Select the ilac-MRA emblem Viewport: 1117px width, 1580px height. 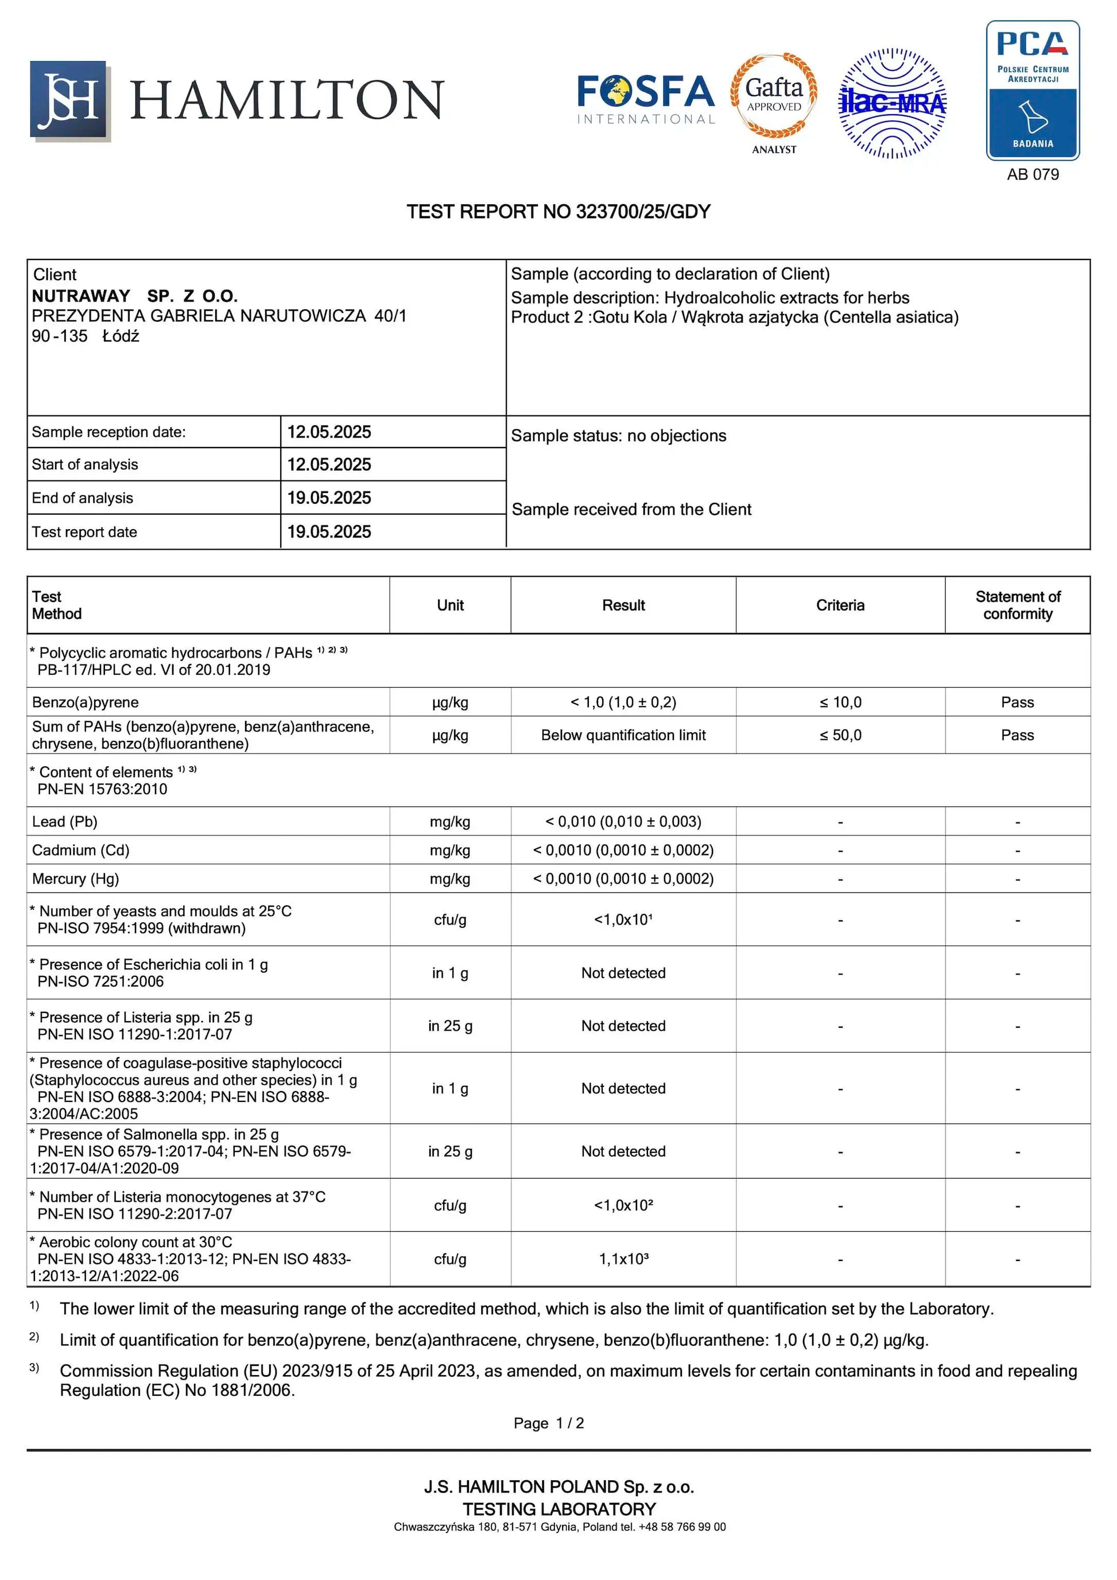pyautogui.click(x=892, y=103)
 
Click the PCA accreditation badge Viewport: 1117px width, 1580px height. pyautogui.click(x=1033, y=90)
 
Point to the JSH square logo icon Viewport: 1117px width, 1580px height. pyautogui.click(x=69, y=100)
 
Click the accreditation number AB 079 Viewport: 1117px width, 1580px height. pyautogui.click(x=1033, y=174)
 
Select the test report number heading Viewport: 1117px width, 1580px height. pyautogui.click(x=558, y=211)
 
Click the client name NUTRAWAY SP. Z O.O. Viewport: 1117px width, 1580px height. pyautogui.click(x=135, y=296)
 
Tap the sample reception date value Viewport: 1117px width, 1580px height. pyautogui.click(x=329, y=432)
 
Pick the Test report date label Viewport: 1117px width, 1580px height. pyautogui.click(x=84, y=532)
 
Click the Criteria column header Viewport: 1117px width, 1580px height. pyautogui.click(x=840, y=605)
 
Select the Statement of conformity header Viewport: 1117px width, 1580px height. pyautogui.click(x=1017, y=605)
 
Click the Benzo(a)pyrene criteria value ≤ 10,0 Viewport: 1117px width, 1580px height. pyautogui.click(x=840, y=702)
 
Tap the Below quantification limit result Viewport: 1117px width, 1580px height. pyautogui.click(x=623, y=735)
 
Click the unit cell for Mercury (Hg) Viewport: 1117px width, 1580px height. pyautogui.click(x=450, y=879)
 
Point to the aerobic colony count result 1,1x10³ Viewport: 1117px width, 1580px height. pyautogui.click(x=623, y=1259)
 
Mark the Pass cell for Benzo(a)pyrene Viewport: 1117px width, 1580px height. pyautogui.click(x=1017, y=702)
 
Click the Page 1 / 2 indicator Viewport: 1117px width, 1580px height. pyautogui.click(x=549, y=1423)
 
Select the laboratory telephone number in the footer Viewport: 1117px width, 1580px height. pyautogui.click(x=681, y=1527)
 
